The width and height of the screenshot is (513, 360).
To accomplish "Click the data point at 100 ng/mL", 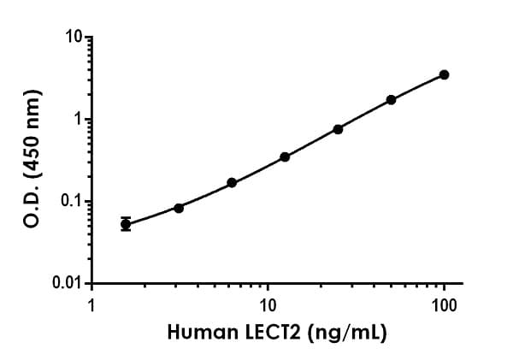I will tap(444, 74).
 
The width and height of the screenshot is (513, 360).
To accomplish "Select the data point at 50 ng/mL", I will tap(391, 99).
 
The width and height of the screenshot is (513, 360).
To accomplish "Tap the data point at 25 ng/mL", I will tap(338, 129).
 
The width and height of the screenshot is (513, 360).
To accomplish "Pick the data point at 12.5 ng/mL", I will tap(285, 156).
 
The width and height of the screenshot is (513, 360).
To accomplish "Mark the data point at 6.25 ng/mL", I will tap(232, 182).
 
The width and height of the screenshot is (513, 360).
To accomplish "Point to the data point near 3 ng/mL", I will tap(179, 208).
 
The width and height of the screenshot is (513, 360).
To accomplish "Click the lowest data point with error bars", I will tap(126, 224).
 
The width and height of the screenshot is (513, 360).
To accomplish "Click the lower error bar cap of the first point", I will tap(126, 231).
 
